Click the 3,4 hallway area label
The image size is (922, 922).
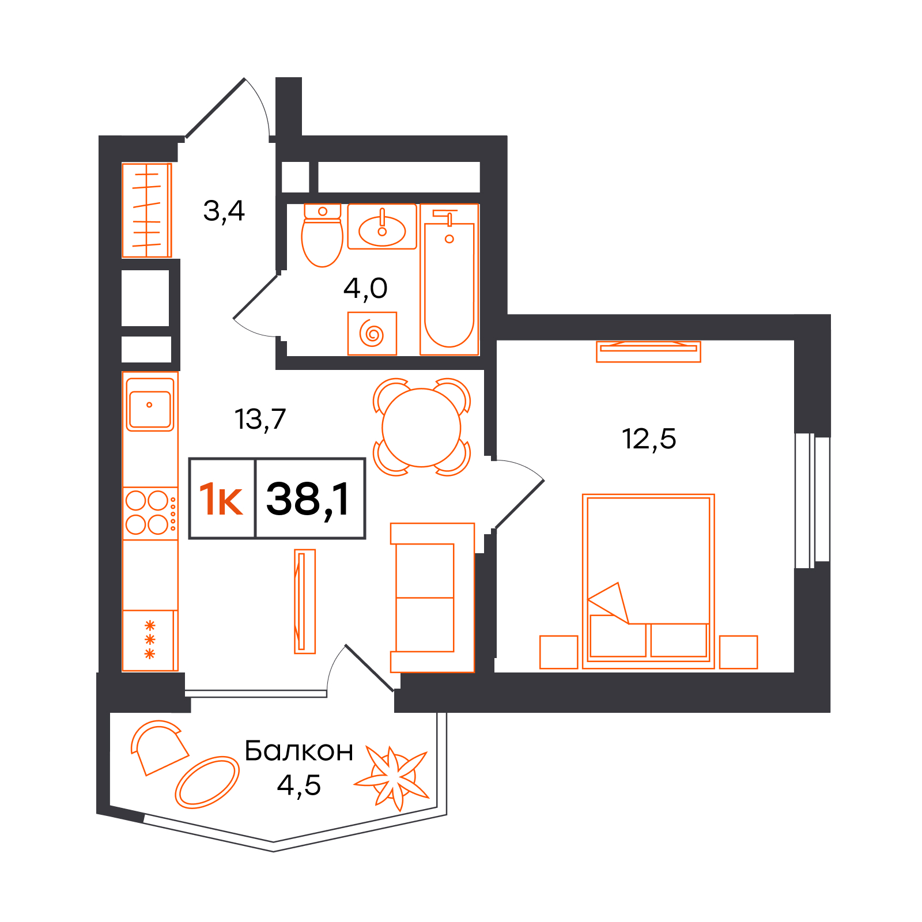click(x=224, y=211)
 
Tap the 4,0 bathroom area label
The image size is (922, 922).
click(x=365, y=288)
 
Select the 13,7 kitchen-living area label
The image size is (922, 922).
click(x=260, y=420)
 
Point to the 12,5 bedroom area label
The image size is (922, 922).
click(x=649, y=439)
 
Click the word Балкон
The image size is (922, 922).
click(x=298, y=751)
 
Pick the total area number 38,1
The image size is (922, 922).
click(x=308, y=499)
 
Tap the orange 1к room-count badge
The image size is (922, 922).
click(x=221, y=499)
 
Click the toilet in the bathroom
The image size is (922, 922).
click(x=322, y=235)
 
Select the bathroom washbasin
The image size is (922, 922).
click(x=382, y=226)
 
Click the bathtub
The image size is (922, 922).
click(x=449, y=279)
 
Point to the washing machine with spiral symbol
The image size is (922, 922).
click(x=372, y=334)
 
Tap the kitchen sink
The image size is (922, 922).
click(x=150, y=405)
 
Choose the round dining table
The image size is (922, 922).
click(x=421, y=428)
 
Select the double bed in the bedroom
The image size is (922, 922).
click(x=648, y=581)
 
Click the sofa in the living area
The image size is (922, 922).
click(x=432, y=598)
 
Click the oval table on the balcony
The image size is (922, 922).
click(x=207, y=782)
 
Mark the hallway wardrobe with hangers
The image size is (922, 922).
click(x=147, y=210)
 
